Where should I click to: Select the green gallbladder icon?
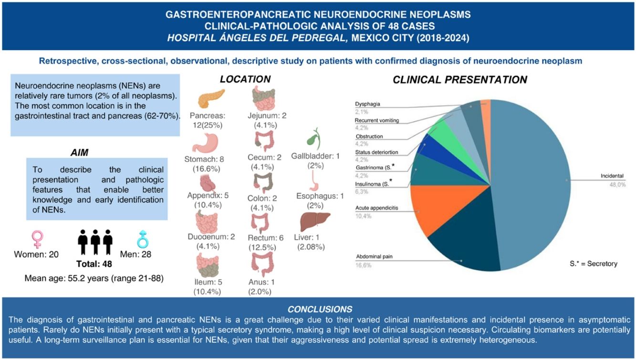click(312, 139)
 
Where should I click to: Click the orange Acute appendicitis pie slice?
click(429, 205)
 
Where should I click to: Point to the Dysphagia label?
click(368, 104)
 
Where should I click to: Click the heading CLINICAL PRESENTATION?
click(459, 80)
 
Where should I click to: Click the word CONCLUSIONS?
click(320, 309)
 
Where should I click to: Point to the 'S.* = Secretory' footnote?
click(593, 264)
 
